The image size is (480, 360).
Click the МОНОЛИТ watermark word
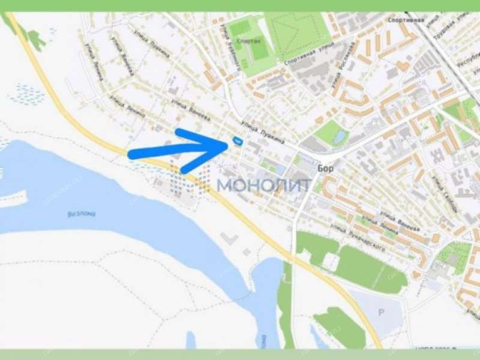point(263,184)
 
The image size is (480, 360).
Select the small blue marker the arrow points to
point(237,142)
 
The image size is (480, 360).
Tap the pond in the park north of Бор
point(340,137)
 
